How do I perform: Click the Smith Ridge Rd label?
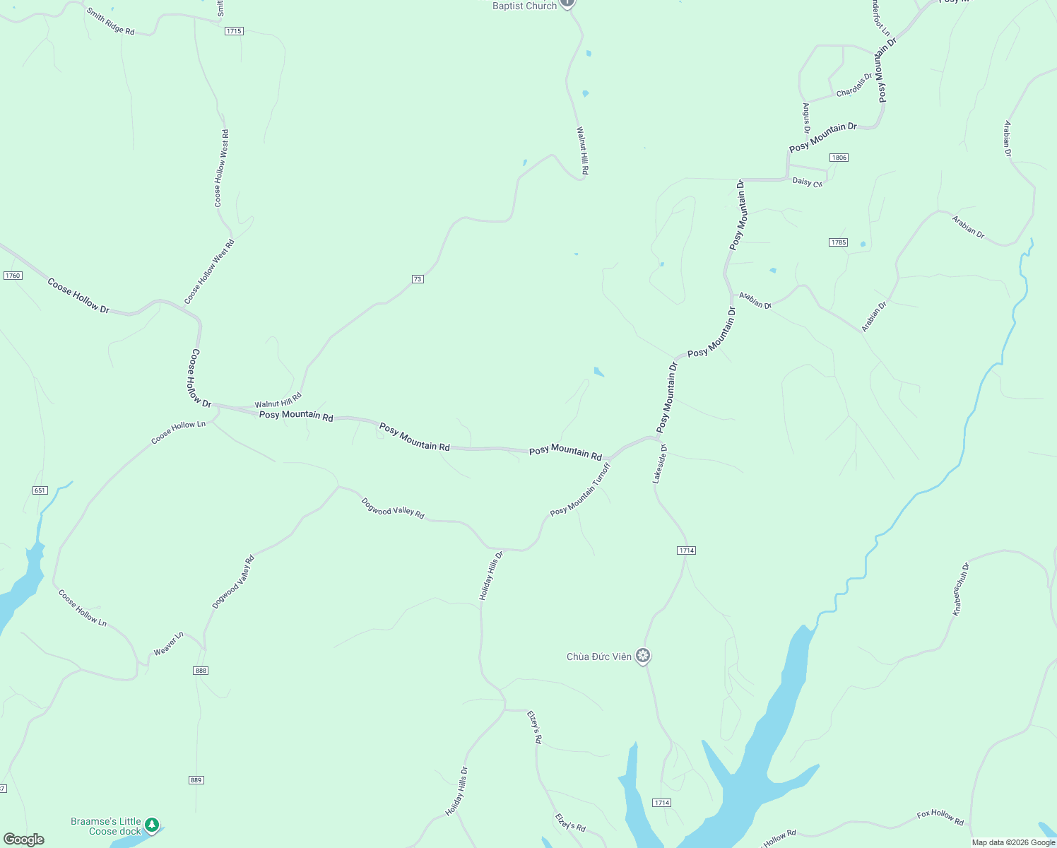[110, 21]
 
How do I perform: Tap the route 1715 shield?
[234, 31]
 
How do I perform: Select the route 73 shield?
[418, 279]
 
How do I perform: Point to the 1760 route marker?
[13, 276]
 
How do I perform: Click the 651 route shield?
[40, 490]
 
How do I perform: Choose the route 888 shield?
[201, 671]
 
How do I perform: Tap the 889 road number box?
[196, 780]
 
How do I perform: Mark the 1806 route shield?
[839, 158]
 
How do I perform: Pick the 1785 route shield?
[838, 242]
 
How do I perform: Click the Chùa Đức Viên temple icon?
[643, 656]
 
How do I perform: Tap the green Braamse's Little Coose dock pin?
[152, 825]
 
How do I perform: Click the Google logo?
[24, 840]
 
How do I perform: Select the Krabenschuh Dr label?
[962, 589]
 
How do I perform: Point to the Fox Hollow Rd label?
[940, 818]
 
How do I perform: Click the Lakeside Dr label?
[659, 464]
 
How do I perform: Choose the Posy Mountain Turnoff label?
[580, 489]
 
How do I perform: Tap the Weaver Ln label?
[169, 643]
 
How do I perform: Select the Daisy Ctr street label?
[808, 182]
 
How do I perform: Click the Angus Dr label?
[806, 117]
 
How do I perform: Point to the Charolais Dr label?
[854, 86]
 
